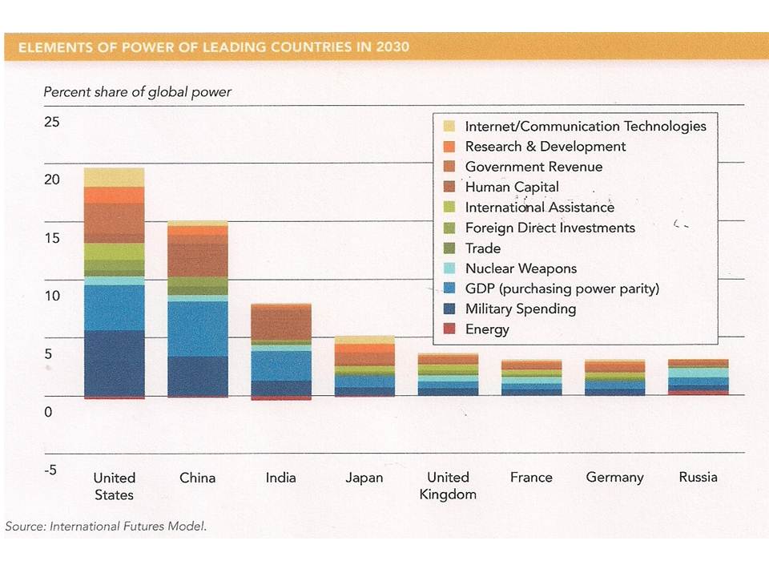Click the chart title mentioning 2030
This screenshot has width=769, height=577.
point(213,47)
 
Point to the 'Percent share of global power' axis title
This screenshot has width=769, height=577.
point(137,91)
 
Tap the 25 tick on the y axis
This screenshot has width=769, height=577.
point(52,123)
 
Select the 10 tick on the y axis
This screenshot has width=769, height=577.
point(52,296)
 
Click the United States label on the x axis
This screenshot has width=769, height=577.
point(114,486)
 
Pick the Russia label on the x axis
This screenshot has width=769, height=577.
point(698,477)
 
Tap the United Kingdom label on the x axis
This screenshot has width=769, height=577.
point(448,486)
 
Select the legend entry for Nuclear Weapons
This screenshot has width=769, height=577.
point(521,268)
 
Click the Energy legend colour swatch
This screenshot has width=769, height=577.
point(449,329)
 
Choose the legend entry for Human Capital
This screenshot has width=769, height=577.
point(512,187)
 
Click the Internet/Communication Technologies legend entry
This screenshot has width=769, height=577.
point(585,126)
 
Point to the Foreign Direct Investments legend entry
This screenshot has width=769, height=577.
point(550,228)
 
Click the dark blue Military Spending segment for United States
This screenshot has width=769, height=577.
point(114,362)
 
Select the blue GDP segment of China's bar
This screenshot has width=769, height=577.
point(197,329)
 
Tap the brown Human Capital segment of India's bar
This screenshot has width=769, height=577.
point(281,322)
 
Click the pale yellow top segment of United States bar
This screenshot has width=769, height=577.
point(114,177)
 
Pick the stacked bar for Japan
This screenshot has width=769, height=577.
point(364,366)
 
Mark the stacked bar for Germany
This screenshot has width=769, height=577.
point(614,377)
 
